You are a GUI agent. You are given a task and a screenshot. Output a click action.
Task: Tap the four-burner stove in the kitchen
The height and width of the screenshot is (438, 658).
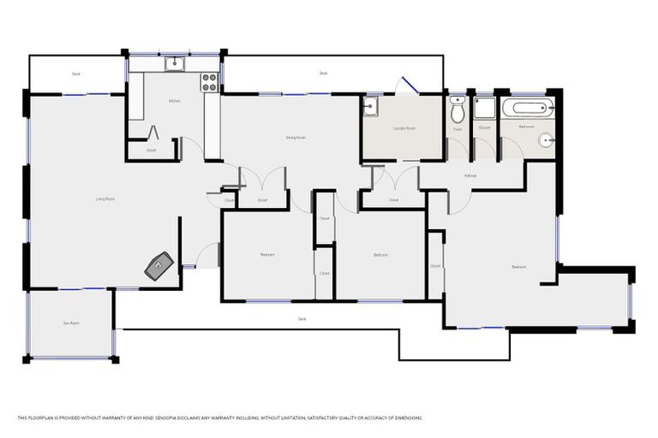[208, 82]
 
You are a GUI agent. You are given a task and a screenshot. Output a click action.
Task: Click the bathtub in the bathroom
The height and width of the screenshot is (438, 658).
[528, 109]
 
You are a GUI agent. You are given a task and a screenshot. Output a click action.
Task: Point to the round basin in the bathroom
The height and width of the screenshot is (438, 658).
[548, 139]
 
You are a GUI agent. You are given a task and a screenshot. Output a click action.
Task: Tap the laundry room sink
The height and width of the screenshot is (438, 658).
[370, 106]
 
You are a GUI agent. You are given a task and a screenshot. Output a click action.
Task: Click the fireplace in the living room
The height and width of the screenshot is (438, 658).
[159, 266]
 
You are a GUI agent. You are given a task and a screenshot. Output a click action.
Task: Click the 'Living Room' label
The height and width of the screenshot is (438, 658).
[105, 198]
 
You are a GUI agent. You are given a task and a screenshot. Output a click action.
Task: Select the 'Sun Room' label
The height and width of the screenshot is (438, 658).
[71, 323]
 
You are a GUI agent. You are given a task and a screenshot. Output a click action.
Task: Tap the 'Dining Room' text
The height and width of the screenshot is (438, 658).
[296, 137]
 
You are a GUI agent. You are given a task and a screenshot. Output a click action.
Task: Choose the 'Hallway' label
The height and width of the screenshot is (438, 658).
[470, 176]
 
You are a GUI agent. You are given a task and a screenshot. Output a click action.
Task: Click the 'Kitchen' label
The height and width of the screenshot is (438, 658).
[174, 101]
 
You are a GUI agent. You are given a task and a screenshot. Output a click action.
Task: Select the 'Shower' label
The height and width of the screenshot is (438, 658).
[484, 127]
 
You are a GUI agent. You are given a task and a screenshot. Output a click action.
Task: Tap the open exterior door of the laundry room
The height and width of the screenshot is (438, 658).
[408, 86]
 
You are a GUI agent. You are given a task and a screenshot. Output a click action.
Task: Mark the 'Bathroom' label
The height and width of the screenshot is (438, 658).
[526, 127]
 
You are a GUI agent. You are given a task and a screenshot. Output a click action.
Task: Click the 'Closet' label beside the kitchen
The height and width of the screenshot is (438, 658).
[151, 151]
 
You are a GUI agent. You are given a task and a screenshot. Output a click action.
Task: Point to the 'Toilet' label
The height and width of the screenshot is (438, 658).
[458, 128]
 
